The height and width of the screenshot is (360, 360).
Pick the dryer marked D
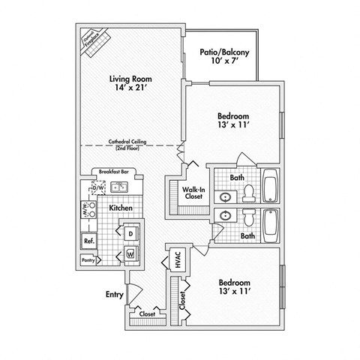click(x=130, y=234)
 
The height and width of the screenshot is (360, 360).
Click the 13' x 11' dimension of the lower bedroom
click(x=235, y=292)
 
